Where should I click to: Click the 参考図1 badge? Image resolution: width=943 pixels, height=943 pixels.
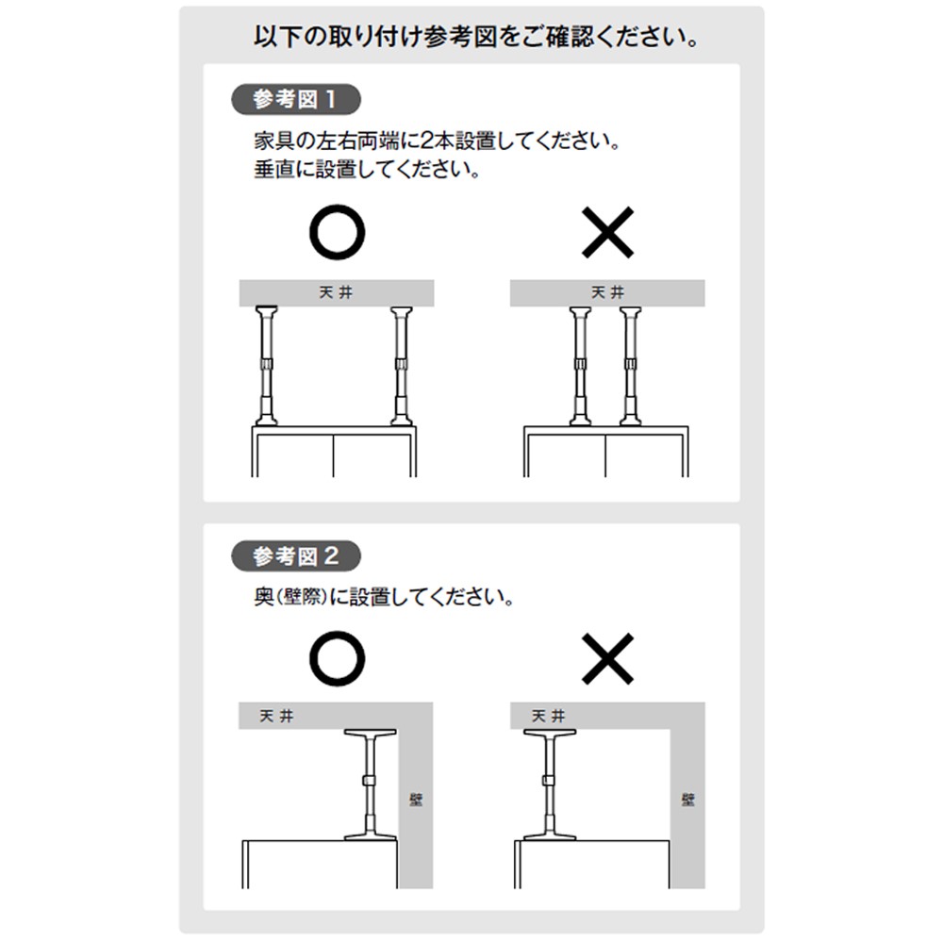point(296,99)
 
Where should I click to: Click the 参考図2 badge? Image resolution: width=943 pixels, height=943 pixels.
point(296,556)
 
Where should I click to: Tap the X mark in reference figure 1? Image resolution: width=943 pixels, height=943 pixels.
point(607,232)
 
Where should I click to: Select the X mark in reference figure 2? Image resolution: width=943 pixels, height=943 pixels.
point(607,658)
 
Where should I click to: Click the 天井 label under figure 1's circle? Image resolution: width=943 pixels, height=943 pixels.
point(337,293)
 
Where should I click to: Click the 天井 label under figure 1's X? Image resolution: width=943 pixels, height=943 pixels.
point(607,293)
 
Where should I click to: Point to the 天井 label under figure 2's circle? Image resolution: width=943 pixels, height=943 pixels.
point(276,717)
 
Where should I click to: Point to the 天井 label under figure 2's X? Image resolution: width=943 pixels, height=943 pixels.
point(549,717)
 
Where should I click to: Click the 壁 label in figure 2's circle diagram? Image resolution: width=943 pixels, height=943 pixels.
point(416,800)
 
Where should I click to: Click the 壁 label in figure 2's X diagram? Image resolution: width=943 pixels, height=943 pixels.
point(688,800)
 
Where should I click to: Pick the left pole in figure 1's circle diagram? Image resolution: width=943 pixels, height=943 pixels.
point(267,366)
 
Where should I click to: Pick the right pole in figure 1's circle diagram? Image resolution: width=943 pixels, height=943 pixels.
point(401,366)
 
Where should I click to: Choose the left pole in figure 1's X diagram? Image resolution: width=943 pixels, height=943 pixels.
point(580,366)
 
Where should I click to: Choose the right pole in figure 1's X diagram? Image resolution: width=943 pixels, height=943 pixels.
point(630,366)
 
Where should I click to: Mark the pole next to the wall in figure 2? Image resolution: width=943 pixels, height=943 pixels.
point(370,785)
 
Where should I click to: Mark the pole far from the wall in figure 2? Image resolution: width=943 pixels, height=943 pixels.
point(549,785)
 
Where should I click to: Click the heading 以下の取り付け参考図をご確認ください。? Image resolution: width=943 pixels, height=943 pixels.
point(476,38)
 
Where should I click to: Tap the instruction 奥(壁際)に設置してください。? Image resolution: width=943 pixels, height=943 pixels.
point(384,597)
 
